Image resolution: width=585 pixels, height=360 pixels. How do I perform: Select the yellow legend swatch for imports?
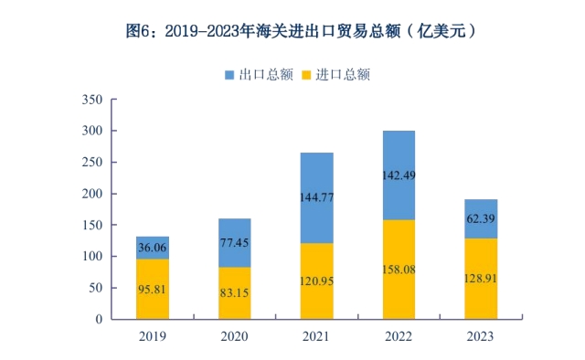point(306,75)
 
